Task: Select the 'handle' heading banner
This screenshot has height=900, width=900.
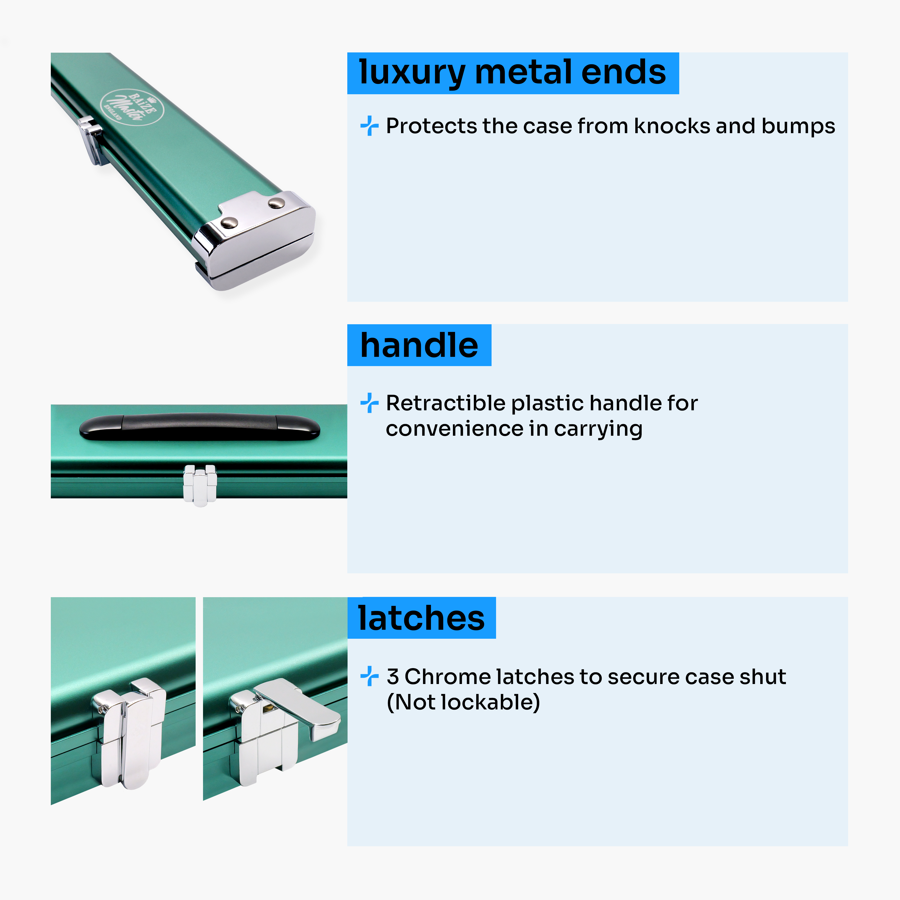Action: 419,345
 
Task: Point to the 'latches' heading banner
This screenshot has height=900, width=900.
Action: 422,618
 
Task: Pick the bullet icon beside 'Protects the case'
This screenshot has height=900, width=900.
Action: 370,126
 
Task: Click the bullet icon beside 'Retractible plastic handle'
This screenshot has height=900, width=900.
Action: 370,403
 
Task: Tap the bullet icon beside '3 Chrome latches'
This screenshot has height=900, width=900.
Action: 370,676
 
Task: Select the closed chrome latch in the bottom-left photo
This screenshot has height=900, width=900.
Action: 129,734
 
